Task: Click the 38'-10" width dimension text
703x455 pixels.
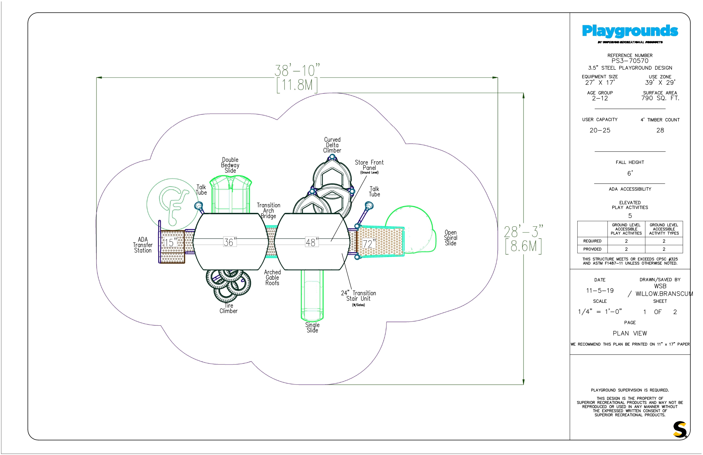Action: click(297, 71)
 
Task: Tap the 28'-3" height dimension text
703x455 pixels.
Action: click(524, 232)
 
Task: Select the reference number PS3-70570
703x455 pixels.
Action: click(630, 61)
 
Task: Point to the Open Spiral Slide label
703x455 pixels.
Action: click(450, 238)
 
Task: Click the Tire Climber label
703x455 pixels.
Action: click(228, 308)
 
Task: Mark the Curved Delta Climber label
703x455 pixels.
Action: click(332, 145)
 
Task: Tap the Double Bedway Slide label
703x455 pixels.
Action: click(230, 165)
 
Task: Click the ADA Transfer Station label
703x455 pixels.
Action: click(143, 245)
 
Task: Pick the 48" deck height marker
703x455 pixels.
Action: click(312, 242)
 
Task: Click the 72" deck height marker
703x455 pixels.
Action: click(369, 243)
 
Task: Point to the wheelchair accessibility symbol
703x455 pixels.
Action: click(173, 204)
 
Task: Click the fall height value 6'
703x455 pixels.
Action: click(630, 173)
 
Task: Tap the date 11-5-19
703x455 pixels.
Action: click(600, 290)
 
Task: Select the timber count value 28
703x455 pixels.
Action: click(660, 130)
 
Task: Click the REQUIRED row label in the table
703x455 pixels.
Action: click(592, 241)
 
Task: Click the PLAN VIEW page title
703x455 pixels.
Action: click(630, 333)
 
